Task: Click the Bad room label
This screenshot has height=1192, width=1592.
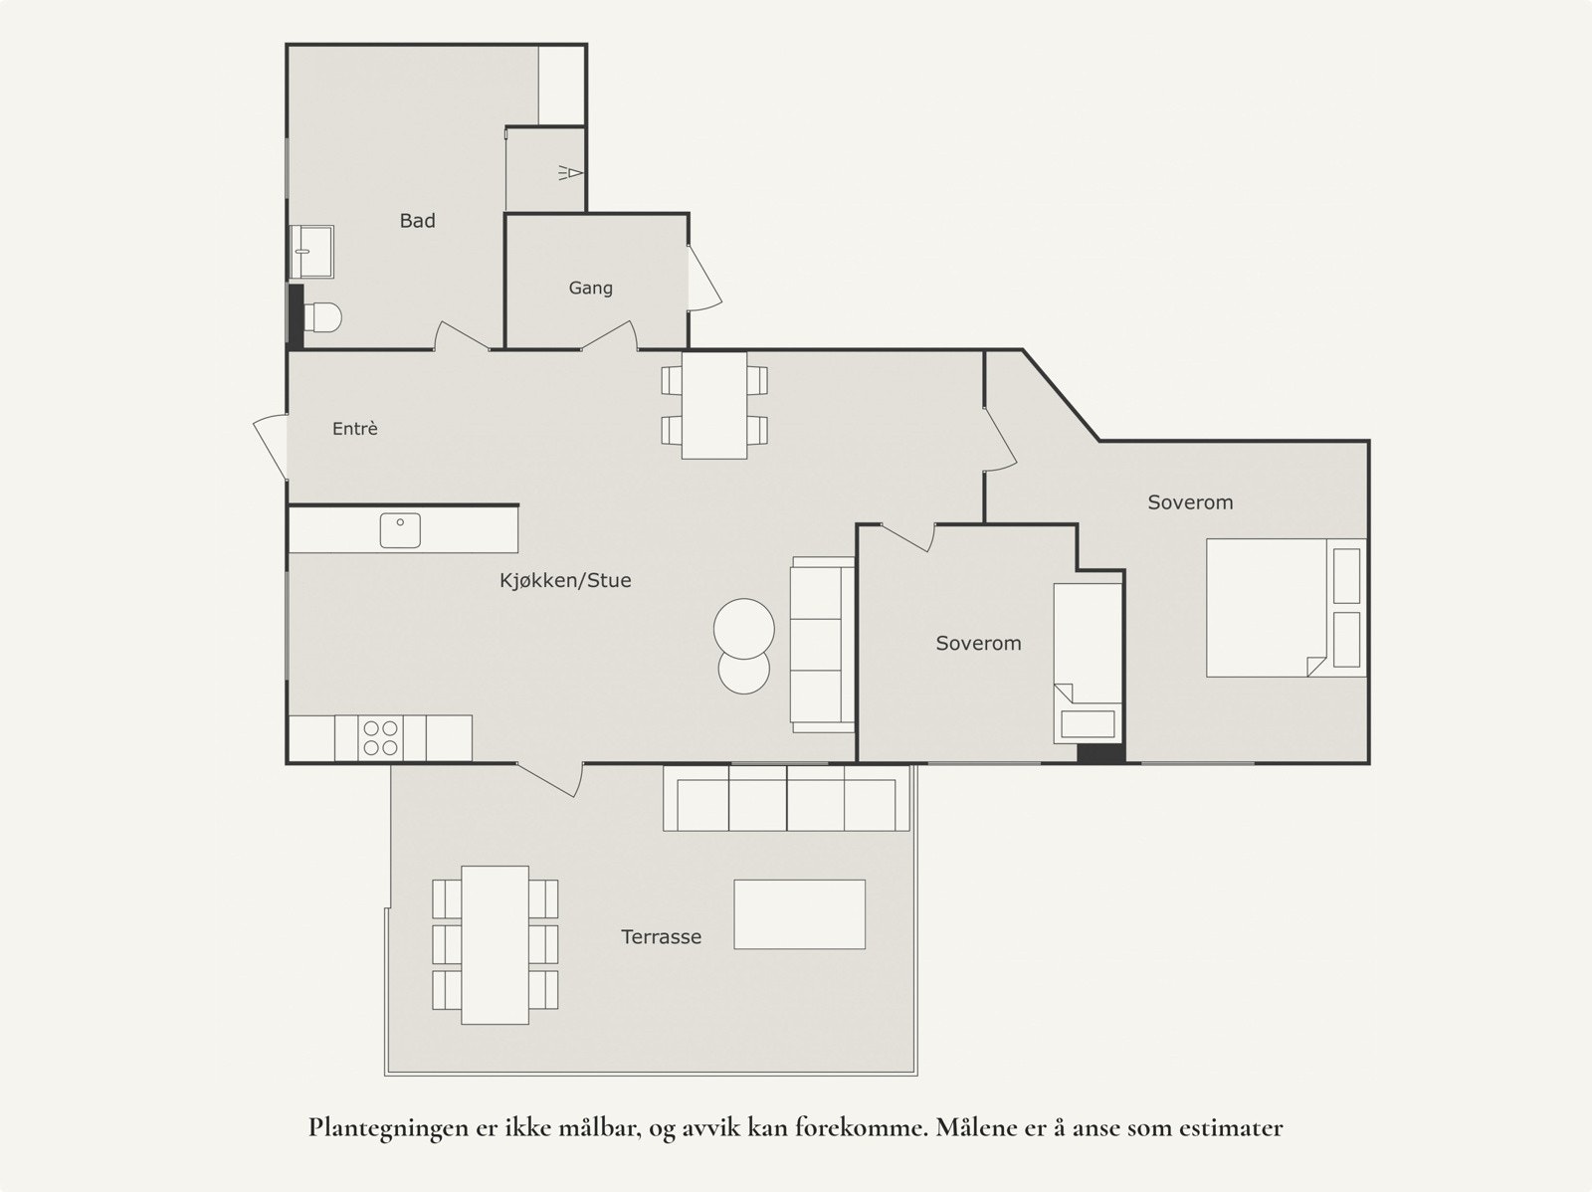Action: tap(417, 221)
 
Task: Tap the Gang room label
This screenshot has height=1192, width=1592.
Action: tap(590, 288)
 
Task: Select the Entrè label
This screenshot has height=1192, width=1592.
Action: tap(354, 429)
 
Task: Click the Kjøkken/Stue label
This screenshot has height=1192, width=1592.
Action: tap(565, 580)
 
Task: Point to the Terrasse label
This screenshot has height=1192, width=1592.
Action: tap(661, 936)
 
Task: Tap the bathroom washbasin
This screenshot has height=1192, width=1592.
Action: tap(312, 251)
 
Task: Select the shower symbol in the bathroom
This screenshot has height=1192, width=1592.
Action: tap(570, 173)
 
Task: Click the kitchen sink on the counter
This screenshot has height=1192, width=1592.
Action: tap(400, 530)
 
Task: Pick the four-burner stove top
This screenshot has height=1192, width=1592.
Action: tap(380, 737)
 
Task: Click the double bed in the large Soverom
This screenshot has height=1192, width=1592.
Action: tap(1269, 608)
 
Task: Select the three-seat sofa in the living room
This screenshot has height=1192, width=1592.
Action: tap(821, 645)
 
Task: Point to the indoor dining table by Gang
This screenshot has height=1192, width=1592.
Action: tap(714, 405)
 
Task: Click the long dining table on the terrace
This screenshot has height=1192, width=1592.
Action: tap(495, 944)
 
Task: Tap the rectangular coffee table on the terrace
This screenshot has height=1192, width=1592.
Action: tap(799, 913)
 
